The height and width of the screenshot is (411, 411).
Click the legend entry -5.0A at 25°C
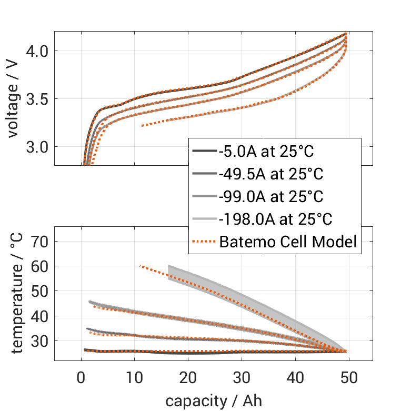pos(266,152)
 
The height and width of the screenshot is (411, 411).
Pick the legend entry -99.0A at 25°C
pos(270,197)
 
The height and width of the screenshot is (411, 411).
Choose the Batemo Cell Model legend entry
pos(288,242)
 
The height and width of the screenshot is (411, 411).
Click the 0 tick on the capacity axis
pos(81,377)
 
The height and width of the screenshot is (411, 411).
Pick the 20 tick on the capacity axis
pos(188,377)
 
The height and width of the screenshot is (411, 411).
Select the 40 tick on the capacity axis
pos(295,377)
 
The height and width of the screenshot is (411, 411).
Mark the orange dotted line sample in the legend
pos(204,242)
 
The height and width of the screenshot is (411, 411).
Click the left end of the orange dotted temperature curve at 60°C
pos(140,266)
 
